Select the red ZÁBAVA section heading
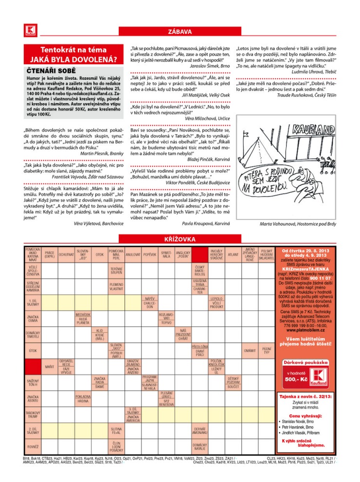[180, 32]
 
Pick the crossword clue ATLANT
[233, 254]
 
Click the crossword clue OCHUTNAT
[66, 254]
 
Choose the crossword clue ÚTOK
[33, 350]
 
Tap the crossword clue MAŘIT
[50, 366]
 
